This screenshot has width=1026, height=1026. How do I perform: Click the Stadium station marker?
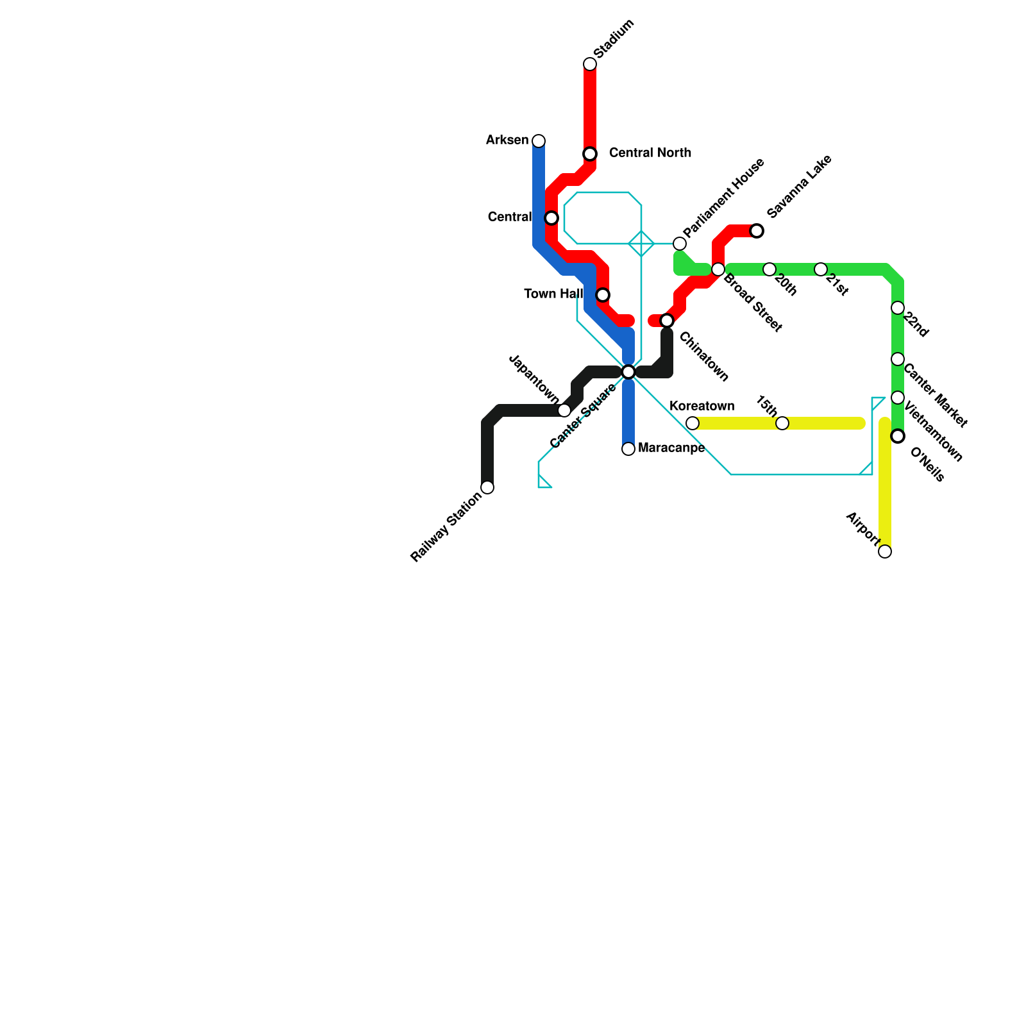[590, 64]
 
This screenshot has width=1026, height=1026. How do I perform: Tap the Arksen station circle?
[539, 141]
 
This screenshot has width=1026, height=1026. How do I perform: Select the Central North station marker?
[590, 154]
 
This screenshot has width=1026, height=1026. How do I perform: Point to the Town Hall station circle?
[603, 295]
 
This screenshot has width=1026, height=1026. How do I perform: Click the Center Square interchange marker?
[628, 372]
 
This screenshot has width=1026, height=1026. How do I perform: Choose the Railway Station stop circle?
[487, 487]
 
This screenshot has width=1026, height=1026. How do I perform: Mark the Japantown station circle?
[564, 410]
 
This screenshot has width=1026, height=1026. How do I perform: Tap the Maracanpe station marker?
[628, 449]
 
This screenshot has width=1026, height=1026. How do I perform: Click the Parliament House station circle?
[680, 244]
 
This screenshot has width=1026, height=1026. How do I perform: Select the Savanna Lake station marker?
[757, 231]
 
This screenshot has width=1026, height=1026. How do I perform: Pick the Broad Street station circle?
[718, 269]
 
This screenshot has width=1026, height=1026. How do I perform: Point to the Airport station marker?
[885, 551]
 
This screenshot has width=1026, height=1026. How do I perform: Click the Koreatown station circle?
[693, 423]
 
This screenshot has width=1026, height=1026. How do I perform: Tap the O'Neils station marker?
[898, 436]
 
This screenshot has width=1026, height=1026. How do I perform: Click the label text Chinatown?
[703, 357]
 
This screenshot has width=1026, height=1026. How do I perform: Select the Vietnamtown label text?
[933, 432]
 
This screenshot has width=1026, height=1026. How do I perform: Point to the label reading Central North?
[650, 153]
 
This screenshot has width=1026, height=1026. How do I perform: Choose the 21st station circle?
[821, 269]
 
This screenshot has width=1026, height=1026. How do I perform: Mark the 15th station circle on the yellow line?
[782, 423]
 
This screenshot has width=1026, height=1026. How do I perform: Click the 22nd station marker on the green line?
[898, 308]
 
